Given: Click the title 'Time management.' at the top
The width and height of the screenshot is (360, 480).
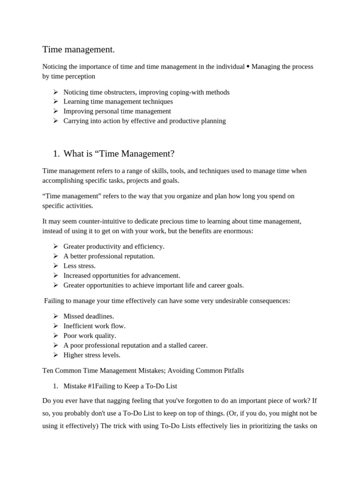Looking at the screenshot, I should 78,49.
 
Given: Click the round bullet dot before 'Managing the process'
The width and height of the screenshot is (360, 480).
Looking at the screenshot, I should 248,67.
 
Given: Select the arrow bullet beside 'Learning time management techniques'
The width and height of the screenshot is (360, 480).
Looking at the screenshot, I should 55,101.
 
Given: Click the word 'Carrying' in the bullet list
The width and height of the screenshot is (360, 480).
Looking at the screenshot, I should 76,120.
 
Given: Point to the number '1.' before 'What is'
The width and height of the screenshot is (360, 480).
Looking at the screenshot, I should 57,153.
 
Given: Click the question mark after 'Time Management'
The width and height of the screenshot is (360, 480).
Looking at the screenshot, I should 172,153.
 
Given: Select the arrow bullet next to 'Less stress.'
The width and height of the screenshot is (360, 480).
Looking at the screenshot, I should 55,266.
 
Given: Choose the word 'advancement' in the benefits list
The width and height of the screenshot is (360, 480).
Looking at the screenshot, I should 160,276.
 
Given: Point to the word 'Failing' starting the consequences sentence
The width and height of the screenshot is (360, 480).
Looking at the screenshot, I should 55,300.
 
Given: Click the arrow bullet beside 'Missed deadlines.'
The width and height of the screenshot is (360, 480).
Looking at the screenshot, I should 55,316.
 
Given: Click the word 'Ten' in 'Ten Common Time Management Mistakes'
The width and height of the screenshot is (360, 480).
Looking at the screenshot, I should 48,370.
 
